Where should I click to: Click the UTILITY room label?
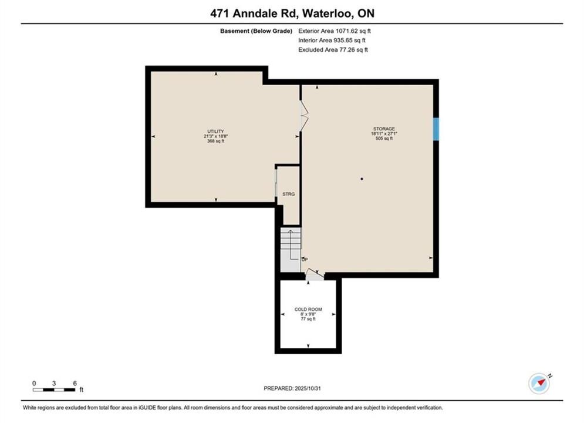(x=215, y=131)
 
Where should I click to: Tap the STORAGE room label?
(x=384, y=129)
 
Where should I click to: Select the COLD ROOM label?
(x=308, y=310)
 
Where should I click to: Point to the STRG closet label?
(x=289, y=194)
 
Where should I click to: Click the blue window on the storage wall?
(x=436, y=129)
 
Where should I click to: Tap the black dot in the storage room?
(x=362, y=179)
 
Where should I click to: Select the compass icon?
(x=539, y=383)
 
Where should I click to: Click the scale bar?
(x=54, y=390)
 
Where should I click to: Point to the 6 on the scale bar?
(x=75, y=383)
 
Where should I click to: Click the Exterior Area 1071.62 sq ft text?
(x=335, y=31)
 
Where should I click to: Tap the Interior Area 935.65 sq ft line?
(x=332, y=41)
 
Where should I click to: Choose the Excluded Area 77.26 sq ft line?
(x=333, y=49)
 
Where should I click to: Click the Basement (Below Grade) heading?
(x=256, y=31)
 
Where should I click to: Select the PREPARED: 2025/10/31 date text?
(x=292, y=388)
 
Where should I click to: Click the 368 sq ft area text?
(x=215, y=141)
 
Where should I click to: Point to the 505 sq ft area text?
(x=384, y=138)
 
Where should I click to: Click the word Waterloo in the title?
(x=328, y=14)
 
